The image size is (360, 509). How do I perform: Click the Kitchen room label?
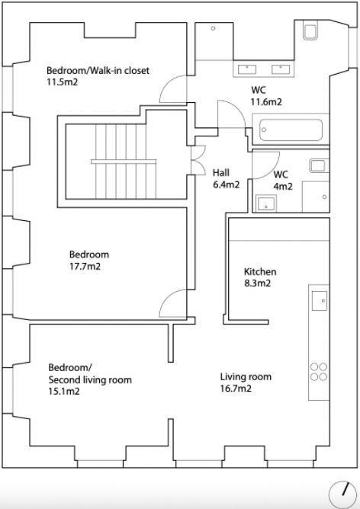point(260,271)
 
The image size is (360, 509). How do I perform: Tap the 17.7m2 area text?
point(85,267)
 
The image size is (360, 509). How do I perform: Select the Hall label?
point(221,172)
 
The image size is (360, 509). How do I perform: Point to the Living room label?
point(246,376)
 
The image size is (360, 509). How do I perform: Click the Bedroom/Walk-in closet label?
point(98,70)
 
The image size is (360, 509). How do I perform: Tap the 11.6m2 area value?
point(266,102)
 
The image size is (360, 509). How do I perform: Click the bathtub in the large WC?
point(291,130)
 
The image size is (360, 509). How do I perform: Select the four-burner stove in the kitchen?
point(318,372)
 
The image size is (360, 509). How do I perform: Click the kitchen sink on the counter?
point(320,301)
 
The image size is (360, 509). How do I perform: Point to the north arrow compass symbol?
point(342,495)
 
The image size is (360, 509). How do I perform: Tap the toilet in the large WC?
point(310,30)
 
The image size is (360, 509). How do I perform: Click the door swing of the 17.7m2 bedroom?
point(173,303)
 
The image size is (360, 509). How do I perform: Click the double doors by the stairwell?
point(198,160)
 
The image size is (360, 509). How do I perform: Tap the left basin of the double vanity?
point(247,69)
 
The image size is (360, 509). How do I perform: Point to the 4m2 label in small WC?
point(283,187)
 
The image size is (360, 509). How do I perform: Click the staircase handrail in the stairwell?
point(124,162)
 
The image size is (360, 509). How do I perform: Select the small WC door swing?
point(266,165)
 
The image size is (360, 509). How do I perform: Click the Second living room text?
point(90,379)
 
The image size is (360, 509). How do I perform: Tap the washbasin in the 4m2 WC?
point(266,203)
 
